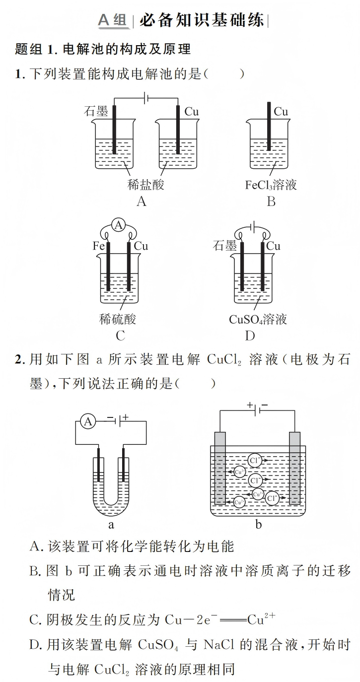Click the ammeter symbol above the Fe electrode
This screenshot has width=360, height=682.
click(x=118, y=225)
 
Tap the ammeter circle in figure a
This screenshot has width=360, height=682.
click(x=88, y=421)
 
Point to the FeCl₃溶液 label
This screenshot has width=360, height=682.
click(x=271, y=185)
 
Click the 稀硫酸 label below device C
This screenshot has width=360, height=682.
click(x=118, y=319)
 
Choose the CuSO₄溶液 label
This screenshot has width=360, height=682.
click(x=258, y=319)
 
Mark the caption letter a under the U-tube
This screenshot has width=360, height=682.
click(x=111, y=525)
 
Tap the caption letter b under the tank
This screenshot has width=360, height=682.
click(x=258, y=525)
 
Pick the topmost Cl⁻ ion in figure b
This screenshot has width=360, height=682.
click(x=255, y=460)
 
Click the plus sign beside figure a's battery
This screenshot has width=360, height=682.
click(x=126, y=417)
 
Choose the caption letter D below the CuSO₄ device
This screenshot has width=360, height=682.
click(x=250, y=336)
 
